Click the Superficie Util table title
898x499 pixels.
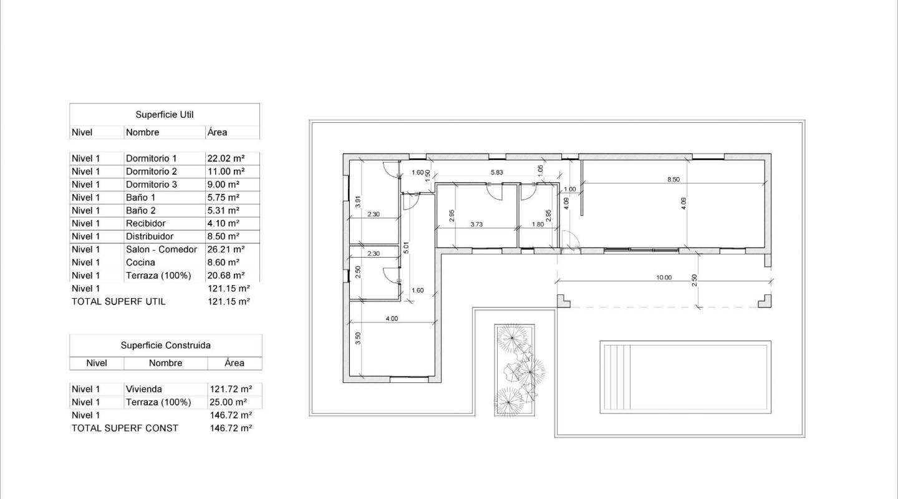[x=164, y=115]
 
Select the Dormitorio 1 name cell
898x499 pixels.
[x=151, y=158]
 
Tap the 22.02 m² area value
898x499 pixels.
[x=226, y=158]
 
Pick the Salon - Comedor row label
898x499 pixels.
[x=161, y=249]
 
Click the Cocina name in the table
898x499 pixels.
[x=140, y=263]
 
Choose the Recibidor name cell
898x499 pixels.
[x=145, y=223]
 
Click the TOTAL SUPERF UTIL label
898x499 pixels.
[x=118, y=301]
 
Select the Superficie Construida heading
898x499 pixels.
[x=165, y=345]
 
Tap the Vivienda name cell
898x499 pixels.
[x=143, y=389]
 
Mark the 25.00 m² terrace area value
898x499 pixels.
[x=227, y=402]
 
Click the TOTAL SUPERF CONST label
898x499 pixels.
[x=125, y=428]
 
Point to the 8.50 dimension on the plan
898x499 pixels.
[x=673, y=179]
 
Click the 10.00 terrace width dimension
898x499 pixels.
[x=664, y=278]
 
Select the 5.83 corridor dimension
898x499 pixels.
[x=496, y=173]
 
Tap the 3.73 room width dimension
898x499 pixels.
[x=476, y=224]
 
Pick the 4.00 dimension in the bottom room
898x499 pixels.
[x=391, y=319]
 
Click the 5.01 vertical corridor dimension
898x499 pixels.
[x=405, y=248]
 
